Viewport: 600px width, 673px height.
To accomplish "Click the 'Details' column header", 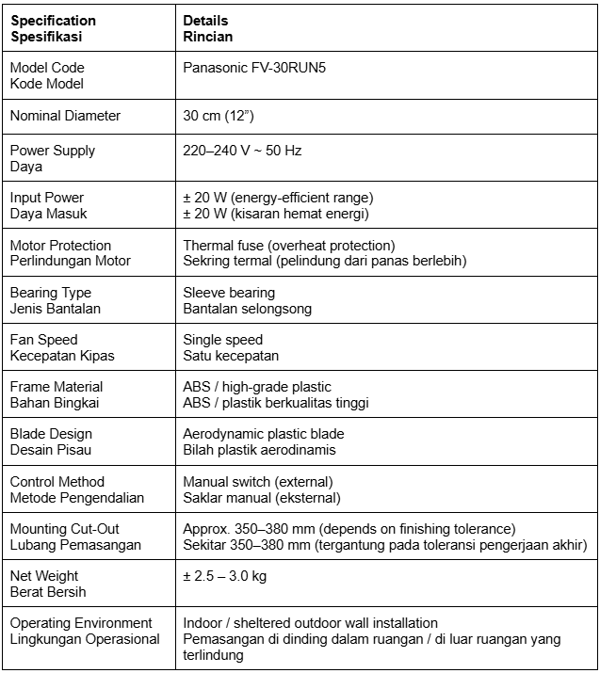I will [205, 21].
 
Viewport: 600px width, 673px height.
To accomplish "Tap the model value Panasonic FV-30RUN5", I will [245, 68].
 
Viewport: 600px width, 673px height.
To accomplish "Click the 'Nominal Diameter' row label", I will [65, 117].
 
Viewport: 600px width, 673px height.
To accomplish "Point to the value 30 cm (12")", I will [219, 117].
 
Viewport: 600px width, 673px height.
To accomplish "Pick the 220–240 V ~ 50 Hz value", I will [242, 151].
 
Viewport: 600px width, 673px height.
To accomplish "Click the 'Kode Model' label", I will [47, 84].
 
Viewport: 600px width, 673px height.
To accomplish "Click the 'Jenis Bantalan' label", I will [56, 308].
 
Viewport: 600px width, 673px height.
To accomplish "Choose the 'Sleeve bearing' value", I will [229, 293].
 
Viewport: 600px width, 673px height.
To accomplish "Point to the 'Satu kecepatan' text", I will [231, 356].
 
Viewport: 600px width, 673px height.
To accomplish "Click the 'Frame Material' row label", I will [57, 387].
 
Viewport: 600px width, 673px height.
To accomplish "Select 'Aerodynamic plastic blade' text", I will [264, 434].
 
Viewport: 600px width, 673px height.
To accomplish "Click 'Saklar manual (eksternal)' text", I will [262, 497].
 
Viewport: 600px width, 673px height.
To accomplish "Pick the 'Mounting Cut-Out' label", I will [65, 529].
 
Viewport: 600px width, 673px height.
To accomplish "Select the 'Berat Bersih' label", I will [48, 591].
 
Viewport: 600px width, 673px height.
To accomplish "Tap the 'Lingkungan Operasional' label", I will [85, 639].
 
